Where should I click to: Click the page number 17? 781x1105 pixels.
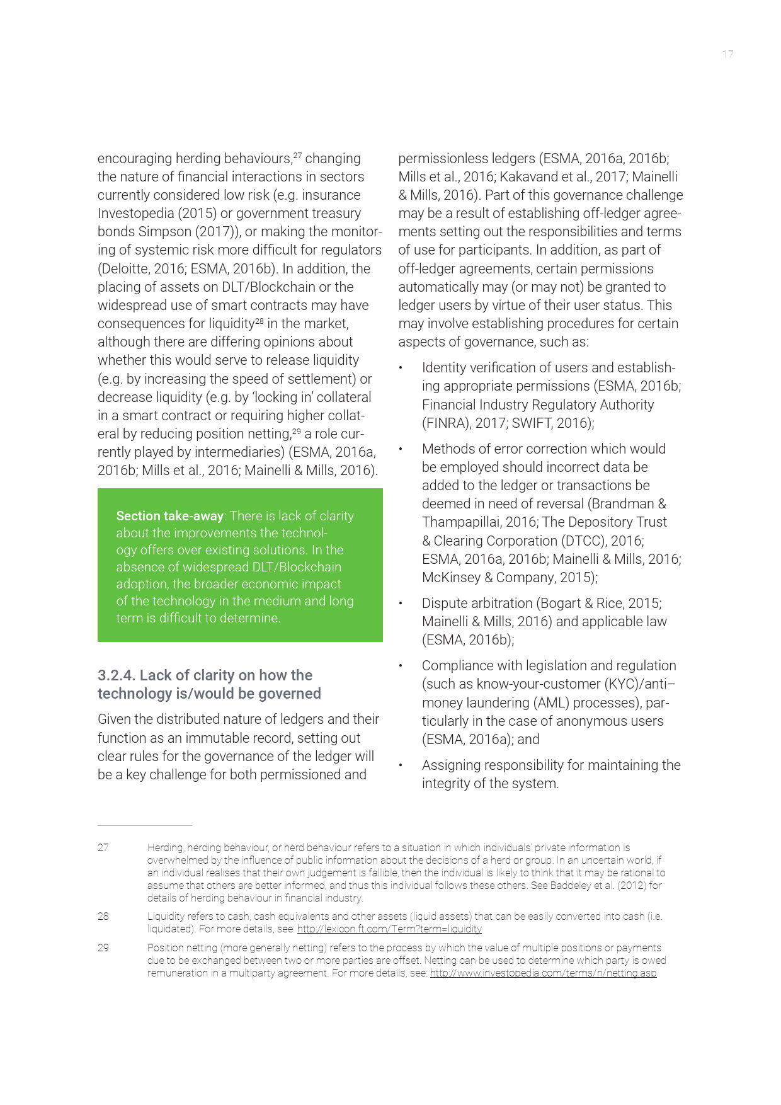(727, 54)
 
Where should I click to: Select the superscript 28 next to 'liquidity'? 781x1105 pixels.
(259, 320)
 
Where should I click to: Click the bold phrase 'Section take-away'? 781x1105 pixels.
(170, 516)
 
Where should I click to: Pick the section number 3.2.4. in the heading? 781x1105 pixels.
(116, 675)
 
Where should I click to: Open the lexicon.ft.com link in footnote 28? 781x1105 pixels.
(389, 929)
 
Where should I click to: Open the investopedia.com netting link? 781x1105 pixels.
(543, 973)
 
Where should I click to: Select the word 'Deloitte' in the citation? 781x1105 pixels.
(125, 268)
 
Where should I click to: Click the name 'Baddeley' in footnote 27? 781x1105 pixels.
(569, 885)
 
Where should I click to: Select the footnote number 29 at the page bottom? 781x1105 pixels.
(103, 948)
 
